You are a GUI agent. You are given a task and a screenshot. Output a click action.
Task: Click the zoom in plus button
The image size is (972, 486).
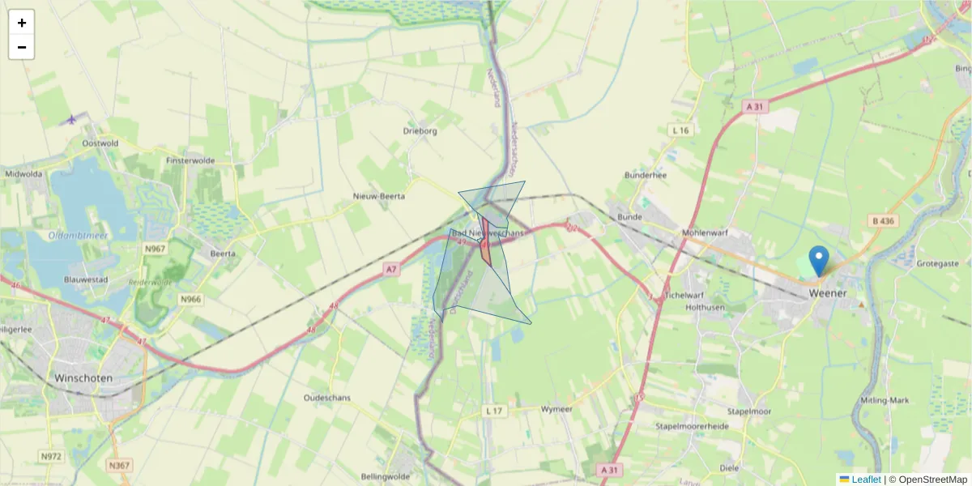(x=22, y=23)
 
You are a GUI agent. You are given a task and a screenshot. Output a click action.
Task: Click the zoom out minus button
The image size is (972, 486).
(x=22, y=47)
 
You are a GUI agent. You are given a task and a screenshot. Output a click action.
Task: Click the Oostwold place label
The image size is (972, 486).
(x=100, y=143)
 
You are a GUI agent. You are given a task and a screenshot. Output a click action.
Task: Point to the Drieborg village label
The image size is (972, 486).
(x=420, y=130)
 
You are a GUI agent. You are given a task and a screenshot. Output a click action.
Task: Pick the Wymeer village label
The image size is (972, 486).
(x=556, y=409)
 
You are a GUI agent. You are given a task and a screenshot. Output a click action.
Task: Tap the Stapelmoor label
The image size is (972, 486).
(x=748, y=411)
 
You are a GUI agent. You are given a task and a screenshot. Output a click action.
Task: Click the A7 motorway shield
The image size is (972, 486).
(x=392, y=269)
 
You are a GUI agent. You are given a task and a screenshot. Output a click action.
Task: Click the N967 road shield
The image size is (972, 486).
(x=155, y=249)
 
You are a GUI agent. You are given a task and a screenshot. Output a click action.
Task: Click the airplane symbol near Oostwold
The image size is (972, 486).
(x=71, y=120)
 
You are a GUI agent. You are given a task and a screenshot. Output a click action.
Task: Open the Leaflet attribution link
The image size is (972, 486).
(x=866, y=480)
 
